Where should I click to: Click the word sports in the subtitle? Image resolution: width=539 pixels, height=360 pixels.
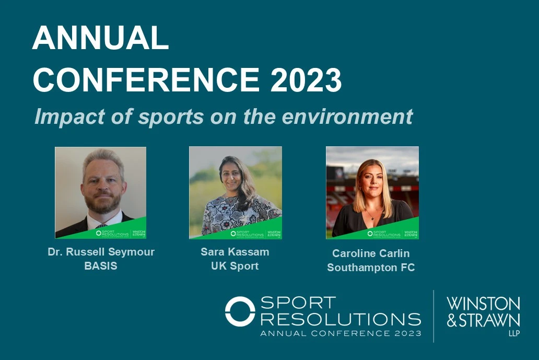coord(169,117)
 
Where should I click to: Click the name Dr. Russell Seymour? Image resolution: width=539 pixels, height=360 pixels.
coord(101,252)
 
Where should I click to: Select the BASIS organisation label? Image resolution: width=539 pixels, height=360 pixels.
coord(101,266)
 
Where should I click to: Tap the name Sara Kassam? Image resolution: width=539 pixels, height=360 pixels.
coord(235,252)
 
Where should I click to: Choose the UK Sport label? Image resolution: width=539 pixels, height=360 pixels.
coord(235,266)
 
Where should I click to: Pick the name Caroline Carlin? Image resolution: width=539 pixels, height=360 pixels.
coord(371,253)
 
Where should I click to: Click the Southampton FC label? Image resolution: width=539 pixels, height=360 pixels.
coord(371,268)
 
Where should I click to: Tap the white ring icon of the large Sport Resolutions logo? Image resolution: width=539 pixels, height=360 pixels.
coord(240,311)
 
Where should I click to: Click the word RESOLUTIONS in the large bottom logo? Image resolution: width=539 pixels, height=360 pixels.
coord(340,318)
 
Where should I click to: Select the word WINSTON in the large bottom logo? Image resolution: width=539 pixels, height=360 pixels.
coord(483,304)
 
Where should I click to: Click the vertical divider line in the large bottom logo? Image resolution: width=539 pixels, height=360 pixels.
coord(433,316)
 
